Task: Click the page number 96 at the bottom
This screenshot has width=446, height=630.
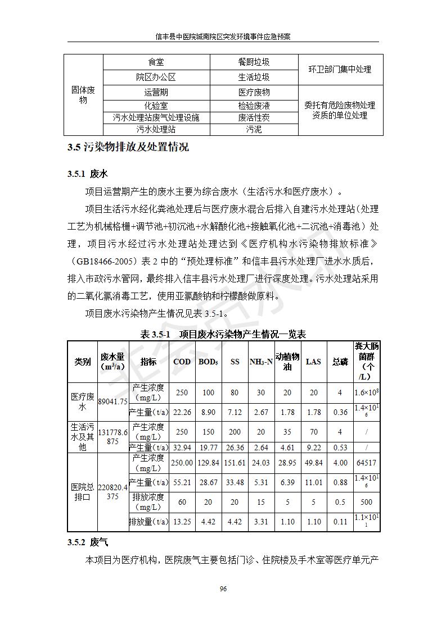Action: tap(223, 588)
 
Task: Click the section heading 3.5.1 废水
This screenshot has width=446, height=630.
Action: tap(87, 174)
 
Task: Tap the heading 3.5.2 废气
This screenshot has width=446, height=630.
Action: tap(87, 542)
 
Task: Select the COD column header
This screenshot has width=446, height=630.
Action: tap(182, 362)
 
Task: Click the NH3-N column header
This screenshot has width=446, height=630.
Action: tap(261, 362)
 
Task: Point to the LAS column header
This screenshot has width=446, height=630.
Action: tap(313, 362)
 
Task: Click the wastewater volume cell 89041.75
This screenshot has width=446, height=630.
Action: tap(113, 401)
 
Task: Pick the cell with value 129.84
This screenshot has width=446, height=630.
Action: tap(208, 463)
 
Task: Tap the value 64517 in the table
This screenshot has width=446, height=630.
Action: tap(366, 463)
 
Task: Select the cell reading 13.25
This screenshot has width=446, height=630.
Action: tap(182, 522)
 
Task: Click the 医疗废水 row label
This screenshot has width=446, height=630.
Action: tap(82, 401)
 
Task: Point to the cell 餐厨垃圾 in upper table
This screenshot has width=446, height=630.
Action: tap(254, 62)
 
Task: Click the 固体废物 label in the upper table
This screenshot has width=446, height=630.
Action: tap(83, 95)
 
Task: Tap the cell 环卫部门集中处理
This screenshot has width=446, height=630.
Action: tap(340, 70)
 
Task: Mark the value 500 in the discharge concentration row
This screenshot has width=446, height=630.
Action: tap(366, 502)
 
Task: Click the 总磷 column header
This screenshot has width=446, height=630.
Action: tap(340, 362)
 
